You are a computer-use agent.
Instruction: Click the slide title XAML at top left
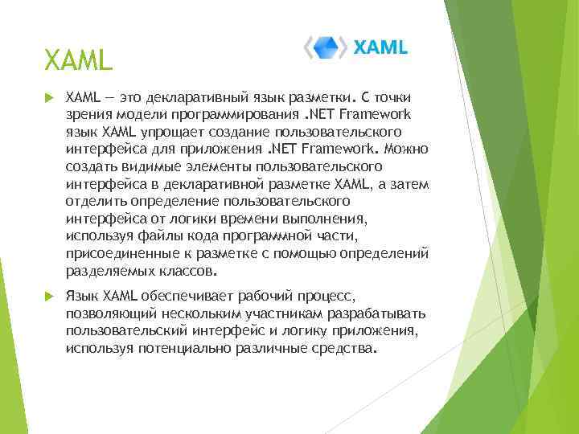[79, 59]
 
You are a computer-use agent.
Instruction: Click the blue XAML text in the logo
[381, 47]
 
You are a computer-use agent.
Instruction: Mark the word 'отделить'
[92, 202]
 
